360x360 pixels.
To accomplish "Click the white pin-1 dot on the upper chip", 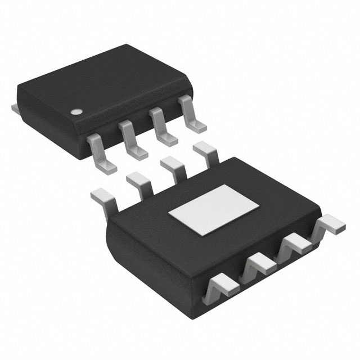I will coord(75,111).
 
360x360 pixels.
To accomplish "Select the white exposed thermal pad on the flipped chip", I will coord(214,210).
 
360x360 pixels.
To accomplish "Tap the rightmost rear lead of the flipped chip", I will coord(205,152).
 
